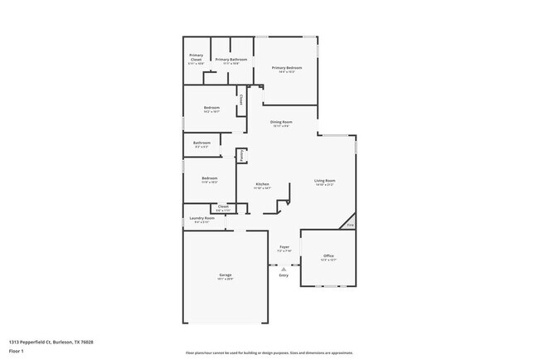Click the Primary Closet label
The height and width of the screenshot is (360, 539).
196,57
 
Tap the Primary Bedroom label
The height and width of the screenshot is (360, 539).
286,68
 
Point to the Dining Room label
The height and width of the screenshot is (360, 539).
281,122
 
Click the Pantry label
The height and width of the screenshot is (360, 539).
241,155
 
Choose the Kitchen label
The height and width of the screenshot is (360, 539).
262,184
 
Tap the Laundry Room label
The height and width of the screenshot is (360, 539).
202,219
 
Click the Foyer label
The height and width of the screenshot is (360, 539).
284,246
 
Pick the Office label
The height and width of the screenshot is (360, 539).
328,256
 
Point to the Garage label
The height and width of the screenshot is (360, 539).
225,275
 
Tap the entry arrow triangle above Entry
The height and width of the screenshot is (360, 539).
284,269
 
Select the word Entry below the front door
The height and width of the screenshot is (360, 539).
284,275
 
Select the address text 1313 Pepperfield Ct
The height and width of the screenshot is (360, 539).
51,342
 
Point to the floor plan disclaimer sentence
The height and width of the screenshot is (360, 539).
269,353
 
